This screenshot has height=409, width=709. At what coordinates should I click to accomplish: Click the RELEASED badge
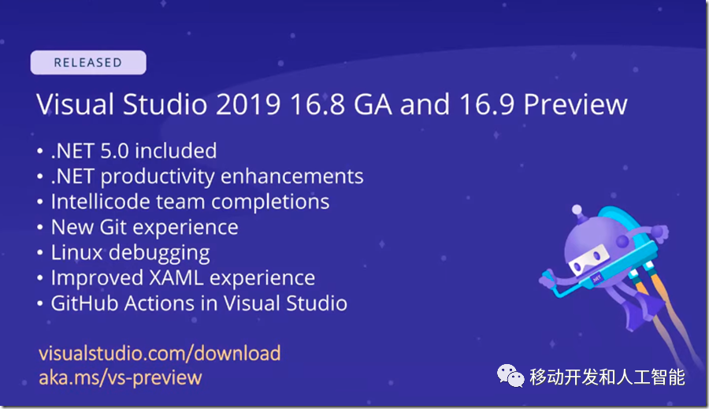tap(88, 62)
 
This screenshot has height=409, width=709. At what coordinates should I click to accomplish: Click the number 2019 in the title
tap(248, 105)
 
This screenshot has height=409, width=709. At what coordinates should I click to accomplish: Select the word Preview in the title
tap(575, 105)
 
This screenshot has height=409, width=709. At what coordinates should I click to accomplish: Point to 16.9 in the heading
tap(487, 105)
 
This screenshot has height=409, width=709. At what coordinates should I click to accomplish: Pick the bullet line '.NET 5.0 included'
tap(134, 151)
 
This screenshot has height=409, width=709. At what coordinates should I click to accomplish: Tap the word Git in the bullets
tap(113, 227)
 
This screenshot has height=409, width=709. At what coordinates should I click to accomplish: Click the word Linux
tap(77, 252)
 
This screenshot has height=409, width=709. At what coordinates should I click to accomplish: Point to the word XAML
tap(176, 278)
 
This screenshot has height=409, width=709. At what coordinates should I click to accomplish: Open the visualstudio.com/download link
tap(160, 353)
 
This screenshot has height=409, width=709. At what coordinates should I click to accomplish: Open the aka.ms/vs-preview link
tap(121, 377)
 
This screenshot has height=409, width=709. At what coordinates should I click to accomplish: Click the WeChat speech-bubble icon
tap(510, 376)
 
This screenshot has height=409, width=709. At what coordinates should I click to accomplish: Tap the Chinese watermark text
tap(607, 377)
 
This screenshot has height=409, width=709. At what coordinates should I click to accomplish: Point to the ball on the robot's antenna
tap(577, 210)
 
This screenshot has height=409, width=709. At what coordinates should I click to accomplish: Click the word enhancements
tap(291, 176)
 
